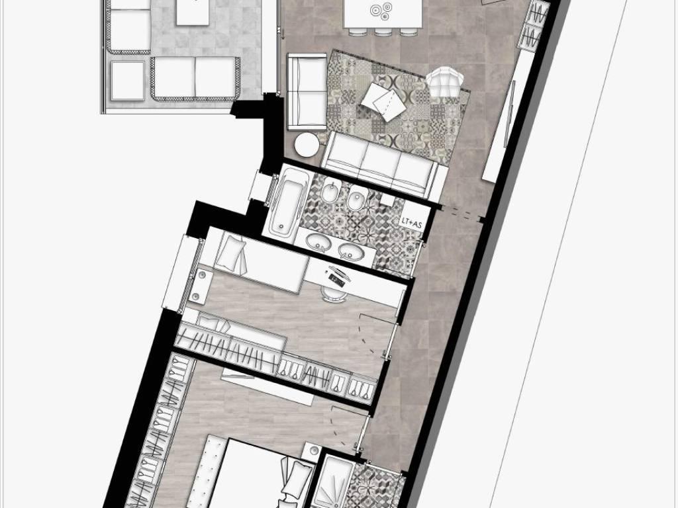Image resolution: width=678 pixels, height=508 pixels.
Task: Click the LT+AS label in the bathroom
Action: point(411,224)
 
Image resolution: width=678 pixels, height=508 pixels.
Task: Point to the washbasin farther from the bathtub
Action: point(350,250)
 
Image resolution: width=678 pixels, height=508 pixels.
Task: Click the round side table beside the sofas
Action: point(307,144)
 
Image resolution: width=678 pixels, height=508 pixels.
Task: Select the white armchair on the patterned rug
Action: point(445,82)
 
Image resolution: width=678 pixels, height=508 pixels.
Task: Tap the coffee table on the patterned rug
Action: point(383,101)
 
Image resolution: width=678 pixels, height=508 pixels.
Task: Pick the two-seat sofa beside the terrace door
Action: point(307,91)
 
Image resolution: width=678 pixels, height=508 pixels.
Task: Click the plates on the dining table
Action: point(381,11)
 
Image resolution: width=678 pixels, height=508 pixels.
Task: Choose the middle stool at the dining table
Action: point(382,32)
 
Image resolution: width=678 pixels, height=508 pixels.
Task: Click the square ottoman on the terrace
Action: point(128,80)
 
